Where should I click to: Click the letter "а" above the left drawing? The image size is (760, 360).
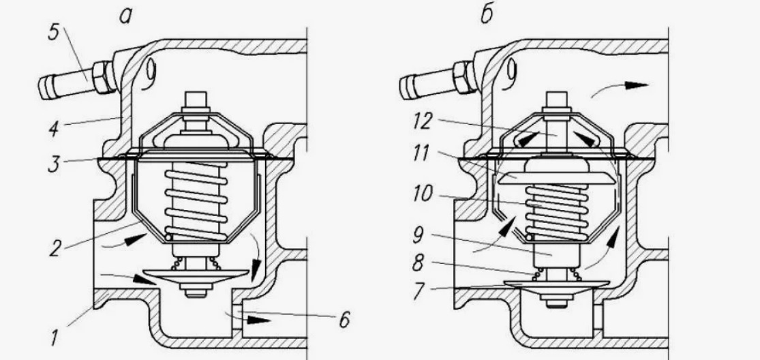125,17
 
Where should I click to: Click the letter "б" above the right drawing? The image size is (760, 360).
487,16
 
